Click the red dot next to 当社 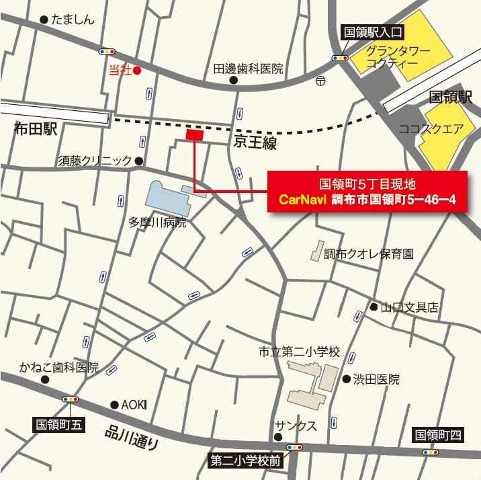(136, 70)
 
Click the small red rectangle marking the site (194, 135)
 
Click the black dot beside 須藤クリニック (139, 161)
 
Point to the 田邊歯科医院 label (249, 69)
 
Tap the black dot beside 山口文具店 (373, 307)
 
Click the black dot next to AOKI (114, 405)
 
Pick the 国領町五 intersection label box (59, 425)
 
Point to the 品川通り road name (132, 438)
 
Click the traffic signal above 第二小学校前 (293, 446)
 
